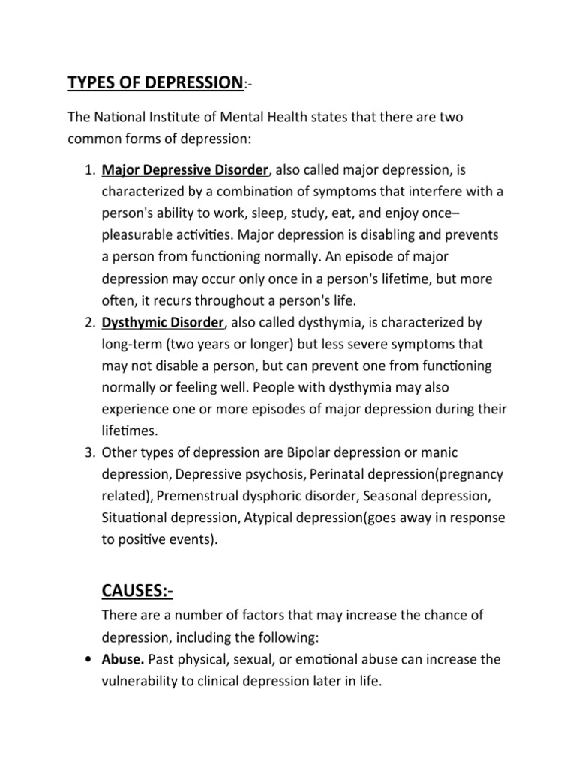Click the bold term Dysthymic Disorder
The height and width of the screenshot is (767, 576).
(163, 322)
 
